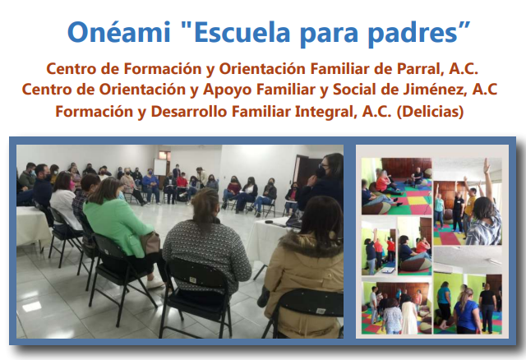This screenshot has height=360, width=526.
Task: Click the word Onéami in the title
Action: coord(119,32)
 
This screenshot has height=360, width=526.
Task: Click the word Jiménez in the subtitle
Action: coord(435,90)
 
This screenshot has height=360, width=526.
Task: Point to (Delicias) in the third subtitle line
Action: coord(430,112)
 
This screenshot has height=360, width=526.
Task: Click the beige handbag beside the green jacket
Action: coord(150,242)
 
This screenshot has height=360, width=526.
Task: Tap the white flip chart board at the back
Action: coord(160,167)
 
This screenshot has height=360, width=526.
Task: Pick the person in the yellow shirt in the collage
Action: coord(470,208)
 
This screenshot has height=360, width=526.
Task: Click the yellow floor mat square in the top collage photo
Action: coord(417,201)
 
